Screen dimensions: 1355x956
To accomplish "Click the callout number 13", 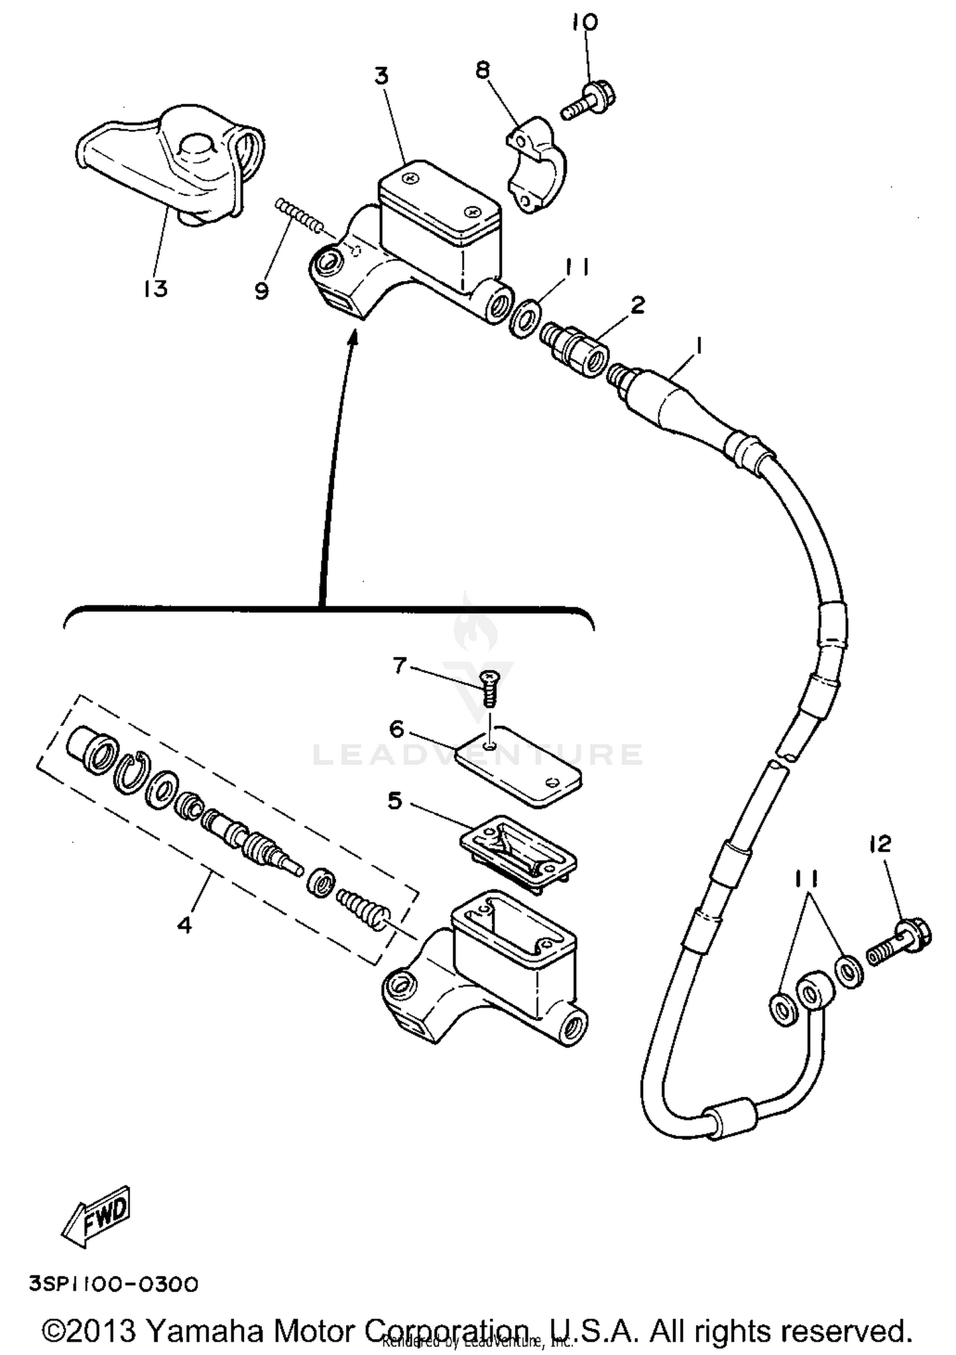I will click(x=155, y=289).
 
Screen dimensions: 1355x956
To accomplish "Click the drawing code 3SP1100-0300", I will click(x=113, y=1284).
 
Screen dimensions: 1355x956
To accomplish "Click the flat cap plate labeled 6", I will click(x=519, y=765).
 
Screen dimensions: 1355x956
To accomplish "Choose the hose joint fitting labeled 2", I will click(x=574, y=348).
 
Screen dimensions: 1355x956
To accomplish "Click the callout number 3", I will click(x=381, y=76).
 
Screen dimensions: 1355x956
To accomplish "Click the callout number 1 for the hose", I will click(x=699, y=347).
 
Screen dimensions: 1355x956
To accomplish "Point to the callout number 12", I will click(x=880, y=844).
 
